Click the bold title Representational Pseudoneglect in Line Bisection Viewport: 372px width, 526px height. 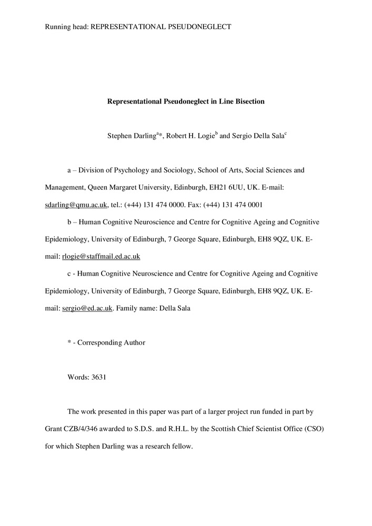[186, 102]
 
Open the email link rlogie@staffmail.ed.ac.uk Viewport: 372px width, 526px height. [101, 256]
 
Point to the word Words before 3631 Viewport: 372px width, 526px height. [77, 377]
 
